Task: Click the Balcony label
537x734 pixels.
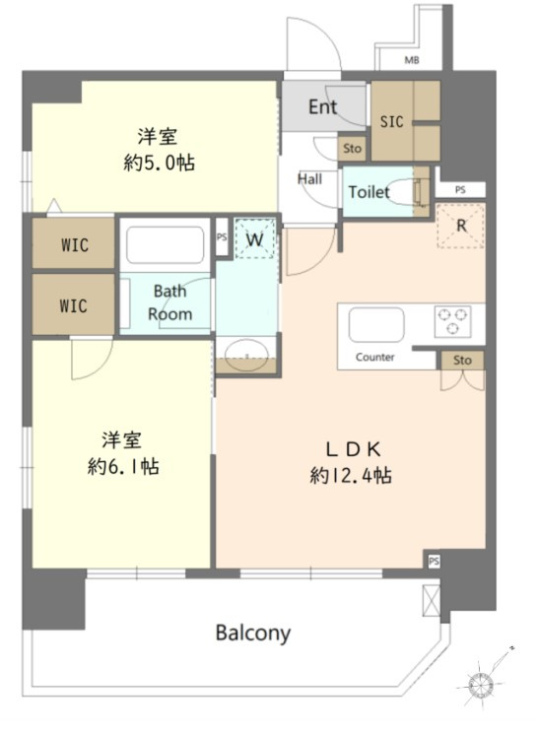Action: pyautogui.click(x=253, y=634)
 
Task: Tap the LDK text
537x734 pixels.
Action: pyautogui.click(x=354, y=450)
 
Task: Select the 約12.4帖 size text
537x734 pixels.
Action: pyautogui.click(x=351, y=476)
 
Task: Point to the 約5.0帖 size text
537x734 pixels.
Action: pyautogui.click(x=160, y=163)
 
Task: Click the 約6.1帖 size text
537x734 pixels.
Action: pyautogui.click(x=123, y=466)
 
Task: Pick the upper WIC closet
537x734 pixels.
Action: pyautogui.click(x=74, y=243)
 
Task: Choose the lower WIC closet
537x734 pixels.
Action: pyautogui.click(x=74, y=304)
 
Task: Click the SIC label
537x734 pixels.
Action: pyautogui.click(x=391, y=122)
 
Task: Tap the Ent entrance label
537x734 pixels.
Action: pyautogui.click(x=322, y=107)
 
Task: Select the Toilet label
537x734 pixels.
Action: pyautogui.click(x=369, y=192)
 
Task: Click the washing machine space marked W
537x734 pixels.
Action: pyautogui.click(x=254, y=238)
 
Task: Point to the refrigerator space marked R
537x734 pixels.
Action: pyautogui.click(x=461, y=226)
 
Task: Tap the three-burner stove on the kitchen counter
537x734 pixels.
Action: pyautogui.click(x=452, y=321)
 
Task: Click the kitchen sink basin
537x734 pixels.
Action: pyautogui.click(x=376, y=325)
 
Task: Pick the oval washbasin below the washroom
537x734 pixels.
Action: pyautogui.click(x=246, y=356)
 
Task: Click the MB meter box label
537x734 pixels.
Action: pyautogui.click(x=412, y=60)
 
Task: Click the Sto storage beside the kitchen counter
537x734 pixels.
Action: pyautogui.click(x=462, y=360)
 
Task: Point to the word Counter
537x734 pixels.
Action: pyautogui.click(x=374, y=358)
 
